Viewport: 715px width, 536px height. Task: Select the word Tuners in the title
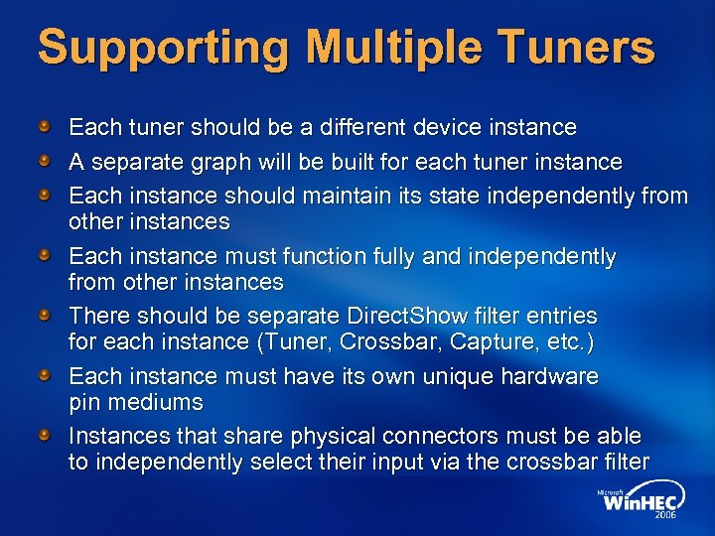tap(585, 48)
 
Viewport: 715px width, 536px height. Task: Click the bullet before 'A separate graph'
tap(46, 161)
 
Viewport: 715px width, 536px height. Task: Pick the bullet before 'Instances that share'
tap(46, 436)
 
